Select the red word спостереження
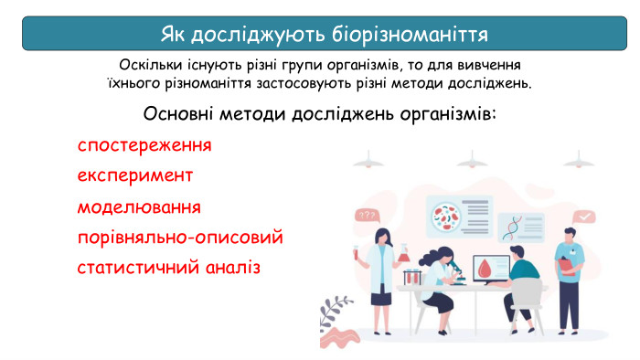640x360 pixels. pos(144,145)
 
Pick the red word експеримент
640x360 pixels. pos(135,175)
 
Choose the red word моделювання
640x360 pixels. pos(139,206)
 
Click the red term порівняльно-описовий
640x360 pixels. pos(180,238)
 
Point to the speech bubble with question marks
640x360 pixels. pos(368,216)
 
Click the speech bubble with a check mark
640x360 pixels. pos(584,217)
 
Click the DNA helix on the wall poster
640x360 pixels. pos(517,223)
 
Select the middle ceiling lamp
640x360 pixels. pos(472,158)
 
